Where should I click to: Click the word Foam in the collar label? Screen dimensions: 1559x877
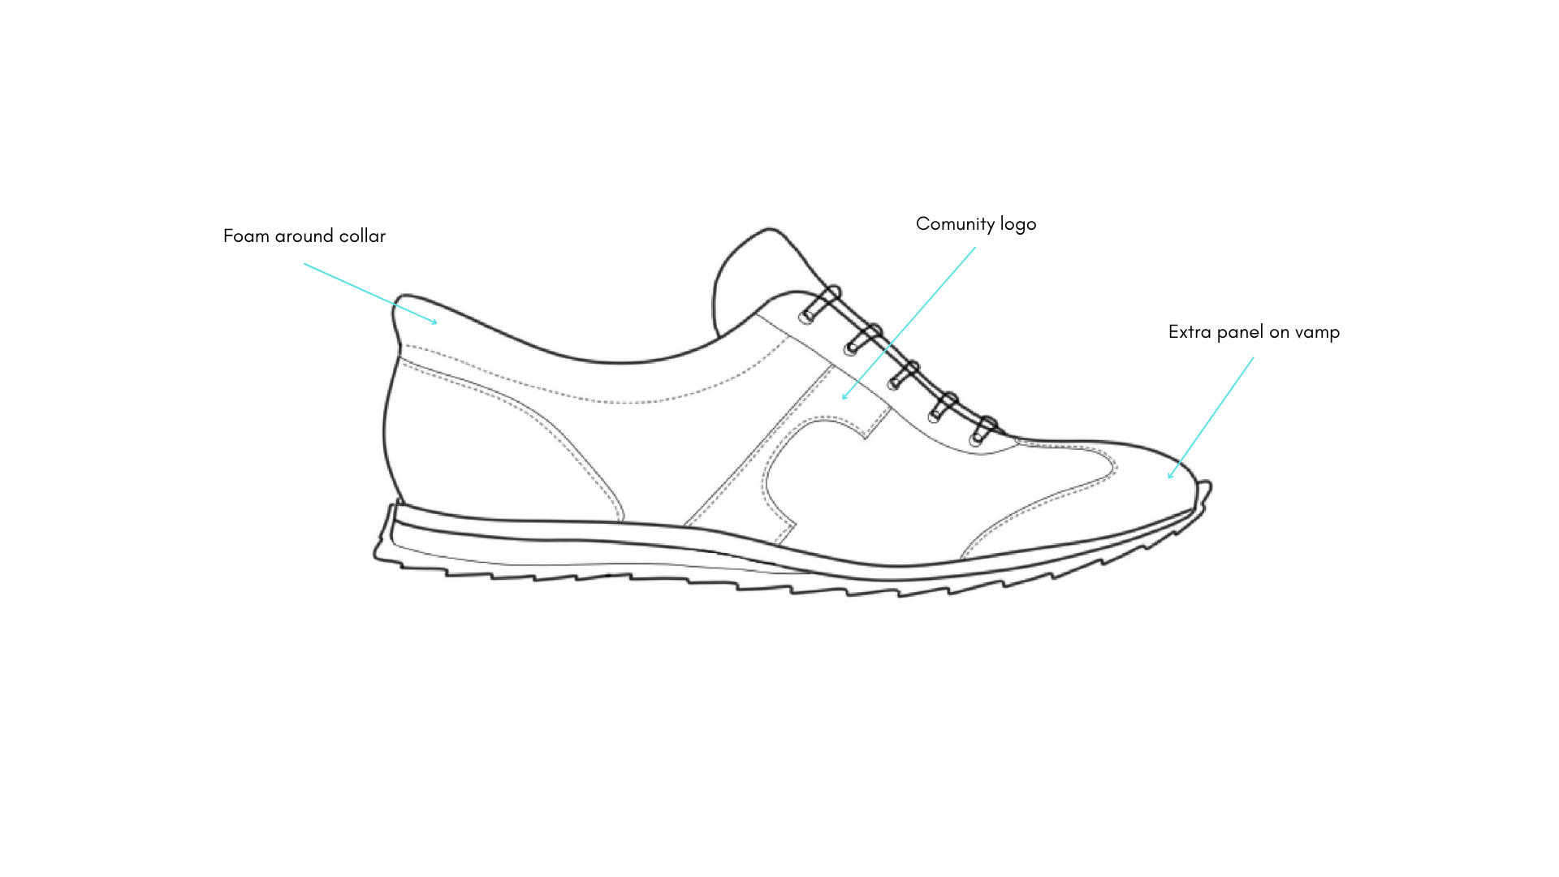[x=246, y=236]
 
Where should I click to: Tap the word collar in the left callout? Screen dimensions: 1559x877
[x=363, y=236]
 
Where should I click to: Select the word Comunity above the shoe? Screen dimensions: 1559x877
[x=955, y=224]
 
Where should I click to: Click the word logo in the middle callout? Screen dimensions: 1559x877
[x=1018, y=225]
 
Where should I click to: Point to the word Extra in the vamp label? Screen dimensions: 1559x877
[x=1190, y=332]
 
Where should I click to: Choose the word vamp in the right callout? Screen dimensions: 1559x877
[x=1318, y=333]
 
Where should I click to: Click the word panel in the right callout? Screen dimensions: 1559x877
[x=1240, y=332]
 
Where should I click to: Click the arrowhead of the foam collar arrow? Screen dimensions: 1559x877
[x=436, y=322]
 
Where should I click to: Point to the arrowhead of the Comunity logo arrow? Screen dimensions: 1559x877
[x=844, y=398]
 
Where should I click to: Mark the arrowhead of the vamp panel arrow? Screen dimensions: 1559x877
[x=1169, y=477]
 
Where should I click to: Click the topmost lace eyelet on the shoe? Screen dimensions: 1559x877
[x=805, y=317]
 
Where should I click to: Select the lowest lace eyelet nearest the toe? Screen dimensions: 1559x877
[x=975, y=439]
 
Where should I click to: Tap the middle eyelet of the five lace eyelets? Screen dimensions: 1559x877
[x=893, y=381]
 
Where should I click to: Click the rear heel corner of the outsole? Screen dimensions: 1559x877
[x=378, y=554]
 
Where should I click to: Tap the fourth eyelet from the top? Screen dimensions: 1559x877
[x=935, y=414]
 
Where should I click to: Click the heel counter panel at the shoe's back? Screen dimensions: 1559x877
[x=487, y=455]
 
